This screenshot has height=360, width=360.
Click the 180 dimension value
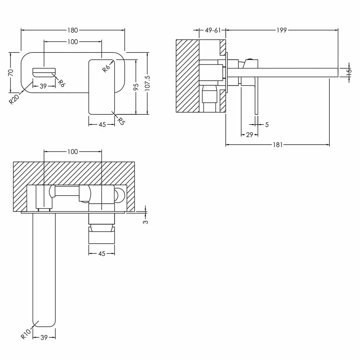[x=73, y=30]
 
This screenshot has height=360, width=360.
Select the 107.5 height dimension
[x=147, y=83]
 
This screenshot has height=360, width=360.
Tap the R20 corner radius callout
[x=14, y=99]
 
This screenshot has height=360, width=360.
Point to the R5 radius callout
[x=121, y=121]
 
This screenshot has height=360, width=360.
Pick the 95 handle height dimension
[x=136, y=87]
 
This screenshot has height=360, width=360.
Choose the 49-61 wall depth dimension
[x=213, y=30]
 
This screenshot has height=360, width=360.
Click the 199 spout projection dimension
[x=282, y=30]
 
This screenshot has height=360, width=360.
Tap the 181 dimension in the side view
[x=278, y=145]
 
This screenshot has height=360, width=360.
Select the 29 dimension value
[x=249, y=135]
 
